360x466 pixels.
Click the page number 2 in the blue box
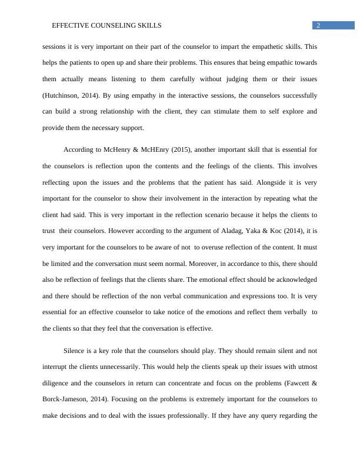pyautogui.click(x=318, y=25)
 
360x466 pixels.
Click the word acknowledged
pyautogui.click(x=291, y=279)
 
